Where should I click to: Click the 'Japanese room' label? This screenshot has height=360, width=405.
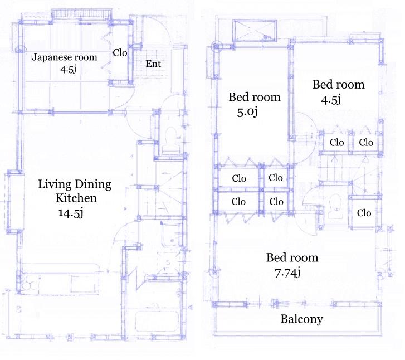click(64, 57)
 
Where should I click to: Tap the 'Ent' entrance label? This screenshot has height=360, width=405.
click(153, 64)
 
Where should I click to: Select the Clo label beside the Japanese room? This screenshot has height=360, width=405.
click(121, 53)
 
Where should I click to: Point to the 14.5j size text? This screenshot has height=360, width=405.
click(70, 212)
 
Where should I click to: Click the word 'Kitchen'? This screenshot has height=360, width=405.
click(76, 198)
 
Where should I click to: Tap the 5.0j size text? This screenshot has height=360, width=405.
click(247, 112)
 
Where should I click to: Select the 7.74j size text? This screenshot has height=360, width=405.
click(288, 273)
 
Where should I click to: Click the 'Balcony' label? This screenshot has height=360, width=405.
click(301, 319)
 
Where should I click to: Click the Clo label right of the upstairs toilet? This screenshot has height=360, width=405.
click(364, 213)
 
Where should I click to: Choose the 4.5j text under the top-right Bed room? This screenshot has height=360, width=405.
click(331, 100)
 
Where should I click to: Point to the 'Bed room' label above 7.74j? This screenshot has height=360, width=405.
click(292, 258)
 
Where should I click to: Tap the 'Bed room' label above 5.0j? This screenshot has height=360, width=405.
click(255, 98)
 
